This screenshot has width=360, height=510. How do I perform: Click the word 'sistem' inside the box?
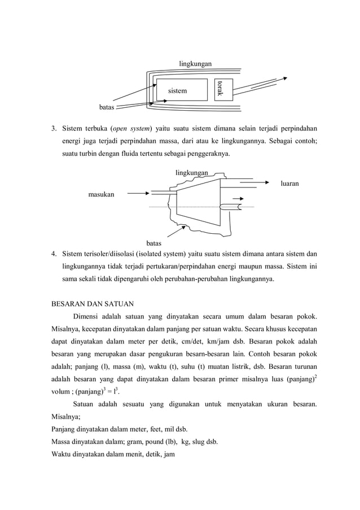[x=177, y=90]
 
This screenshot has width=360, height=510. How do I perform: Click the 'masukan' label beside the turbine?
[x=100, y=194]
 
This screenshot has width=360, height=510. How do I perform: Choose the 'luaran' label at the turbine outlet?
[x=289, y=184]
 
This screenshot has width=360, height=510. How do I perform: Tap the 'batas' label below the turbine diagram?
[x=153, y=243]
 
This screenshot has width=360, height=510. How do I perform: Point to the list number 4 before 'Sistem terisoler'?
[x=54, y=252]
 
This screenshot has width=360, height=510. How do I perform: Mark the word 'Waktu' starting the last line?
[x=62, y=454]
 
